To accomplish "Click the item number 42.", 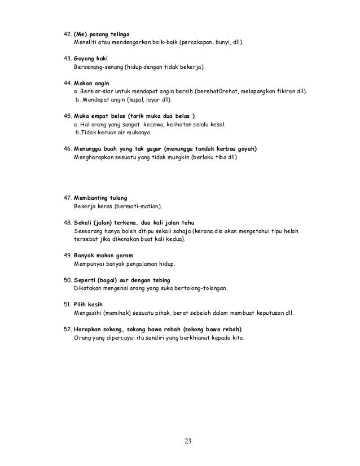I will (67, 33).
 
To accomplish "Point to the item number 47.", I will (66, 198).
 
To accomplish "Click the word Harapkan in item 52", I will (89, 329).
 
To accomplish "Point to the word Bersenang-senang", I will (98, 67).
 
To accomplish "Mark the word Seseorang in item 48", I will (90, 231).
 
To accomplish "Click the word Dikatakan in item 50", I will (89, 288).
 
